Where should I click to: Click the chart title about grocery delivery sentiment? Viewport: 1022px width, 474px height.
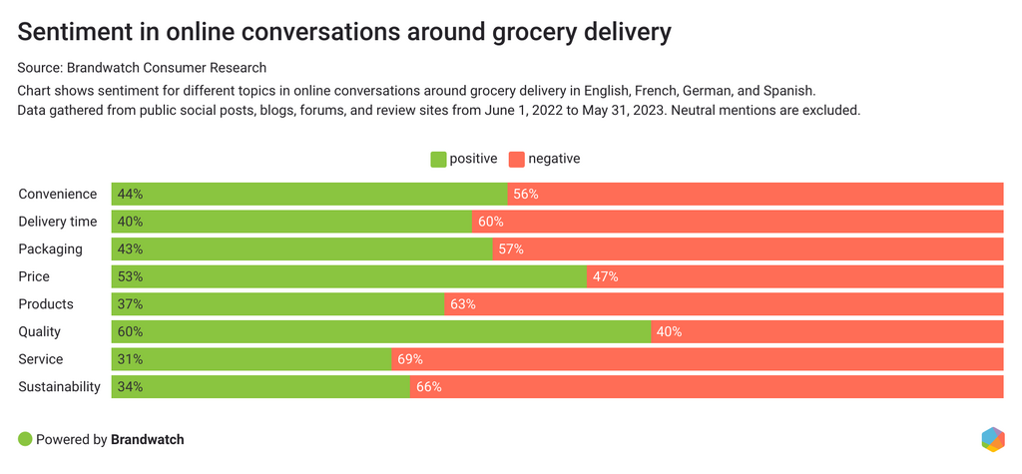tap(344, 32)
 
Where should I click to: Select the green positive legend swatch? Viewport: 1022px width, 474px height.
tap(438, 159)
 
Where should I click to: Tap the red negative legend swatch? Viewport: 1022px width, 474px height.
tap(516, 159)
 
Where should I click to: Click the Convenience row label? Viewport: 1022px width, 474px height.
tap(58, 194)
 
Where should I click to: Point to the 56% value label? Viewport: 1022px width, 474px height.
tap(526, 194)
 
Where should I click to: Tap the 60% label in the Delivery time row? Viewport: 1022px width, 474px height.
tap(490, 222)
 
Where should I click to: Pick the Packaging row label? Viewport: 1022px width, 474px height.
tap(50, 248)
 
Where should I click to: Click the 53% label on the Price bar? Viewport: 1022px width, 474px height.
tap(130, 276)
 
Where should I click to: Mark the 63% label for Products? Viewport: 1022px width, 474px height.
tap(462, 304)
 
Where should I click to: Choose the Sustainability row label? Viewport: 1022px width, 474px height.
tap(60, 386)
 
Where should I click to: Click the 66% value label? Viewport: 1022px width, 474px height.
tap(428, 386)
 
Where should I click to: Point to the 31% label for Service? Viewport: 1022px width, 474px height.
tap(130, 359)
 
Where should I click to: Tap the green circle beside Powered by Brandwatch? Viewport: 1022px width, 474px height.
tap(25, 439)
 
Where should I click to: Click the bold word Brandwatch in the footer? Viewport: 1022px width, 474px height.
tap(148, 439)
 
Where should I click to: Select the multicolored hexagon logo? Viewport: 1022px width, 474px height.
tap(992, 439)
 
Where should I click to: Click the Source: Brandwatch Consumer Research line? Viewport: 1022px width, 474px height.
tap(142, 68)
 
